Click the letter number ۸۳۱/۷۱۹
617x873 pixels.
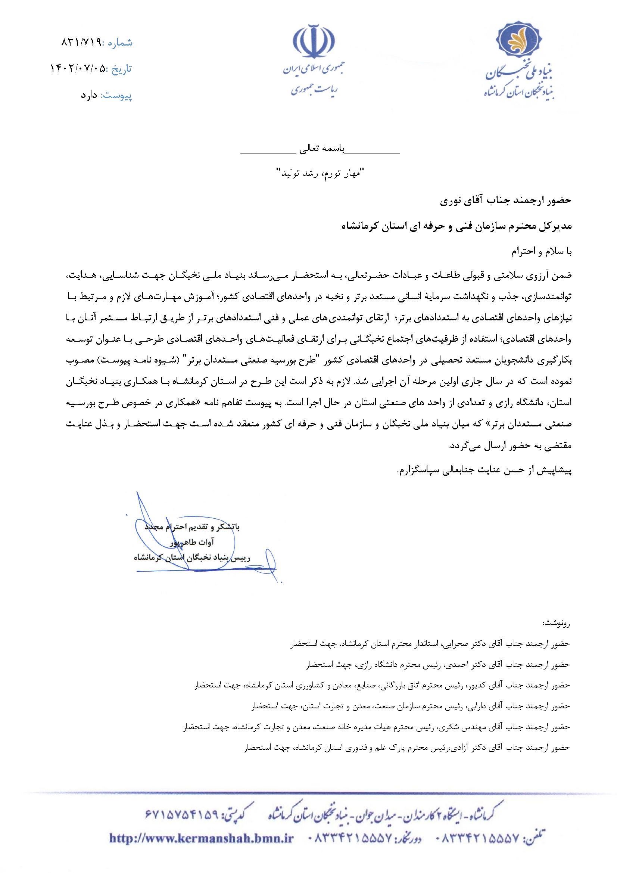click(x=80, y=42)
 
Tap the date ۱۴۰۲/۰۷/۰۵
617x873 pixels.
click(x=78, y=69)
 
